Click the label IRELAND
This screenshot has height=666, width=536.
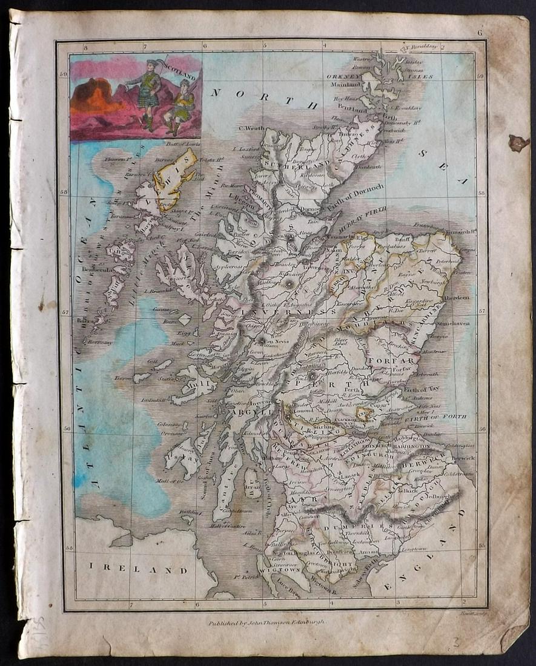(x=139, y=570)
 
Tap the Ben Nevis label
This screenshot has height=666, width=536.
(x=277, y=340)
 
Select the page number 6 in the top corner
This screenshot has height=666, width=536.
(x=479, y=33)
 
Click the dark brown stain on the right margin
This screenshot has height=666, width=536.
(x=518, y=143)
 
